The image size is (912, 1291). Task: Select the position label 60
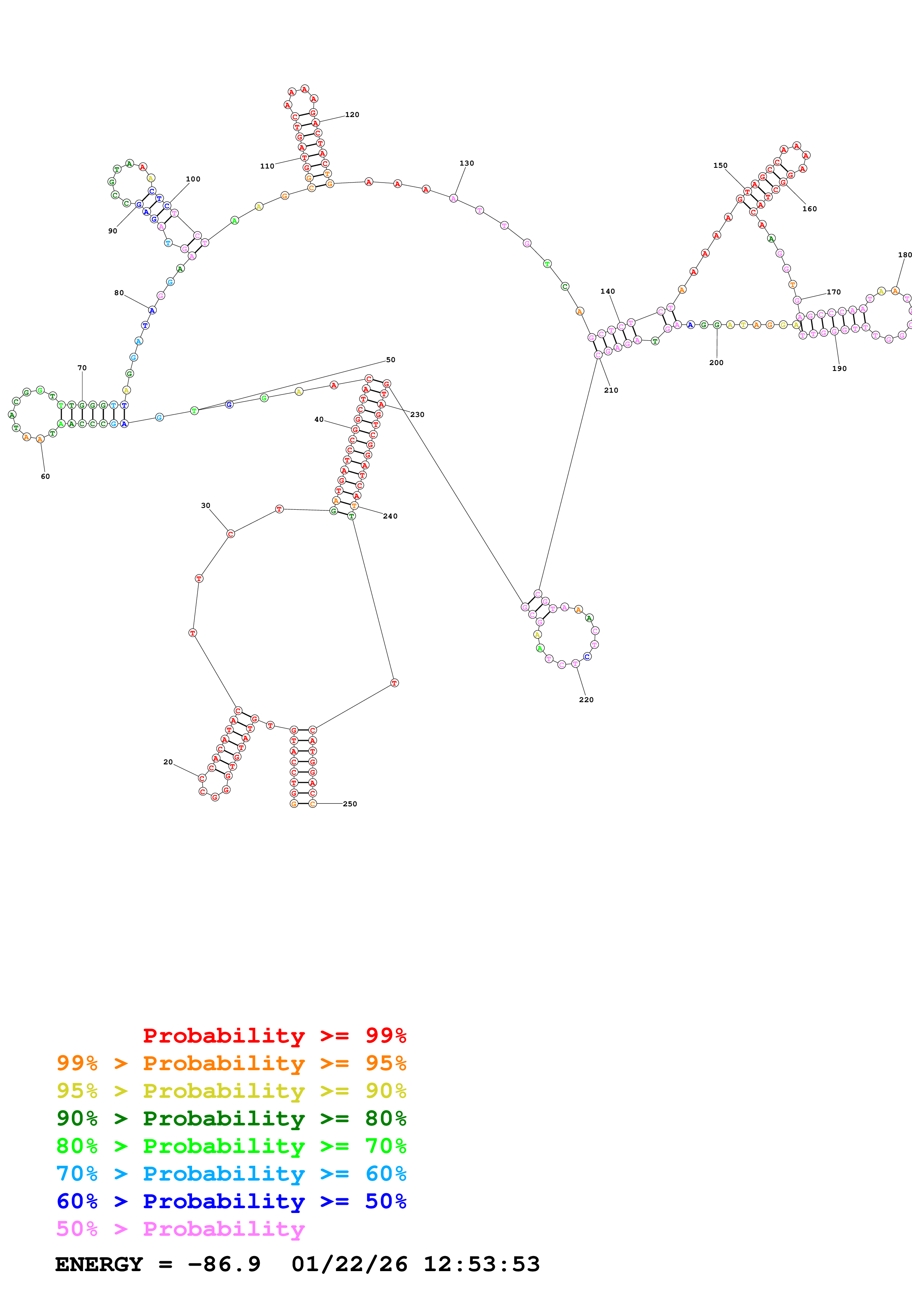pyautogui.click(x=45, y=476)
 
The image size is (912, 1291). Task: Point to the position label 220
pyautogui.click(x=586, y=700)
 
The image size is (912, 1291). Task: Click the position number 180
pyautogui.click(x=905, y=255)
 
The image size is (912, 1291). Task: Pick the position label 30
pyautogui.click(x=206, y=506)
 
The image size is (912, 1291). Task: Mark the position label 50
pyautogui.click(x=391, y=360)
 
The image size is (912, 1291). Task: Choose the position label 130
pyautogui.click(x=466, y=164)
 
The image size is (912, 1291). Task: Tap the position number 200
pyautogui.click(x=716, y=362)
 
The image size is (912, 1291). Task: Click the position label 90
pyautogui.click(x=112, y=231)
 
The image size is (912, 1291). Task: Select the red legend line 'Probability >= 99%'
pyautogui.click(x=274, y=1035)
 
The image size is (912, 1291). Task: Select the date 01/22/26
pyautogui.click(x=349, y=1264)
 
